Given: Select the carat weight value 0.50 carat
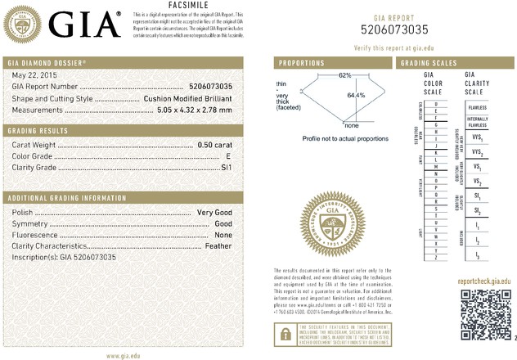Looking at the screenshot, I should pyautogui.click(x=215, y=145).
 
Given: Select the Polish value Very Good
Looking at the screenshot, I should pyautogui.click(x=215, y=212).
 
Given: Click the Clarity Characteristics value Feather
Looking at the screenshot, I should pyautogui.click(x=219, y=246).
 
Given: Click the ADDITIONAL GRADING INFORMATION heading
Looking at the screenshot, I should pyautogui.click(x=62, y=199).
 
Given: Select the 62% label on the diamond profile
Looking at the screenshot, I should pyautogui.click(x=344, y=75).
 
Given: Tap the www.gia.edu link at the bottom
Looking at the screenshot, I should pyautogui.click(x=126, y=355).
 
